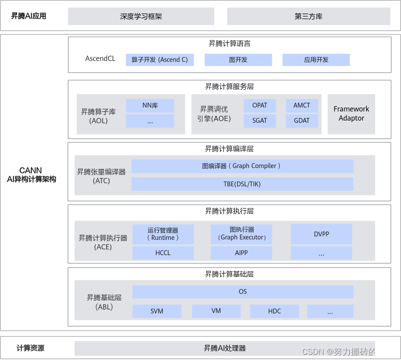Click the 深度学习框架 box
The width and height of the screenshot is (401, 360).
pos(141,17)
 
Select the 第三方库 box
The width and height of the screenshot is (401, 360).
pos(308,17)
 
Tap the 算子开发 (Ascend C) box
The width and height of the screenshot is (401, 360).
pos(160,60)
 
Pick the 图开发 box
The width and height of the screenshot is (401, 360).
pos(238,60)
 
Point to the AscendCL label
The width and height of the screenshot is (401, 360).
pos(100,58)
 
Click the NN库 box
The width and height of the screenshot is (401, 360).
pos(150,105)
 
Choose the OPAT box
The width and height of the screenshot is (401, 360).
pos(260,105)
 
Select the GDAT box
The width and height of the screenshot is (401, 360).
pos(302,121)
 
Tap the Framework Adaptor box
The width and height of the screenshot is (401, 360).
pos(351,114)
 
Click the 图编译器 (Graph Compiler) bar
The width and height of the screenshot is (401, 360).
pos(242,166)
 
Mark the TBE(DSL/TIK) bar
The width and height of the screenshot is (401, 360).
pos(242,184)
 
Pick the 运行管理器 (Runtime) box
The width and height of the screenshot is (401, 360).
pos(163,234)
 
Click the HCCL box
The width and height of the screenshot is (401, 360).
pos(163,253)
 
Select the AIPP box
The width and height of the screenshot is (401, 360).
pos(241,253)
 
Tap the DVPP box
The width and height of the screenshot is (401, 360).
pos(321,234)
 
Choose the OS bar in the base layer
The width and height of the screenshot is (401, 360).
pos(243,292)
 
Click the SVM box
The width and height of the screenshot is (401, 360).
pos(157,311)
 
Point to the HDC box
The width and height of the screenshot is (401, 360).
pos(274,311)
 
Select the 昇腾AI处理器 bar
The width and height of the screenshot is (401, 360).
pos(225,348)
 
